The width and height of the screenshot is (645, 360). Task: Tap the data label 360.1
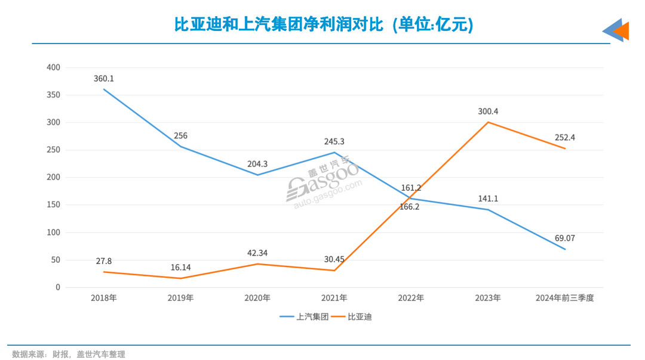pos(103,79)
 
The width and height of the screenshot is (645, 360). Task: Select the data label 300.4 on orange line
pos(488,111)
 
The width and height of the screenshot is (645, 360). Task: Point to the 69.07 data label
pos(565,238)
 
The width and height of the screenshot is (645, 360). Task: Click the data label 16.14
pos(180,268)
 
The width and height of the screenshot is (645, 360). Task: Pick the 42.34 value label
pos(257,253)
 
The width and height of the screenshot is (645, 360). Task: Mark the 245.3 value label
pos(334,142)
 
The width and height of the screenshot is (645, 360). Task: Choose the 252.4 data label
pos(565,137)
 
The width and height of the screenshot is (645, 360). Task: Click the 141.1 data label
pos(488,198)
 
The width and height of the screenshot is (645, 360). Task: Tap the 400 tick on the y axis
pos(54,67)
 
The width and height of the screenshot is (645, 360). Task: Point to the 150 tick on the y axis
pos(54,205)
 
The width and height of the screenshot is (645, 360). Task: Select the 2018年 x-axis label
pos(103,298)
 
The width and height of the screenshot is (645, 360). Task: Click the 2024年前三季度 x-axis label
pos(565,298)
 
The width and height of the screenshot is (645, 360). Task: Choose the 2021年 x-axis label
pos(334,298)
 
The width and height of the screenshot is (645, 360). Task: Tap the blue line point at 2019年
pos(180,147)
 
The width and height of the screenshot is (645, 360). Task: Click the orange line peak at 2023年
pos(488,122)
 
